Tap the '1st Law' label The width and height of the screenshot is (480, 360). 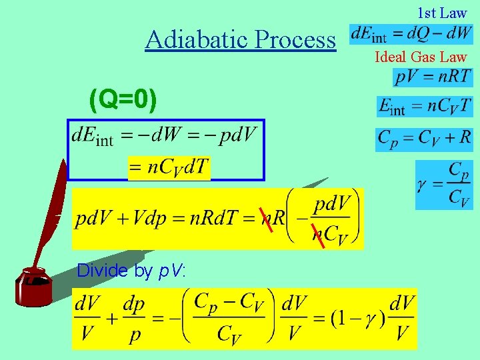pyautogui.click(x=442, y=12)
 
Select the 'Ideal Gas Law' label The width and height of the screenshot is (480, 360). pyautogui.click(x=421, y=57)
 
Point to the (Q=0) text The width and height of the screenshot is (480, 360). pyautogui.click(x=123, y=101)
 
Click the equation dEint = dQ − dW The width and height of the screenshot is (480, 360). pyautogui.click(x=411, y=33)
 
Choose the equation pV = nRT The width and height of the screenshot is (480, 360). pyautogui.click(x=433, y=77)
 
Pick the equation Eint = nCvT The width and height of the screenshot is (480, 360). pyautogui.click(x=425, y=106)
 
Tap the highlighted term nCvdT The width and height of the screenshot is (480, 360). pyautogui.click(x=169, y=167)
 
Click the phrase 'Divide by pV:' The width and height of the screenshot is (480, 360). pyautogui.click(x=131, y=271)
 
